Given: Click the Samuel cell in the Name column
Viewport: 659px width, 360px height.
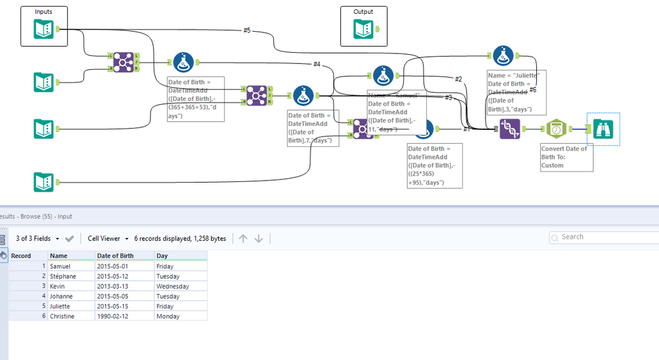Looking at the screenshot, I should (x=61, y=266).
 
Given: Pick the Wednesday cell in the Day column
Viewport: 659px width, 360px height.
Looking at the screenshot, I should (x=173, y=286).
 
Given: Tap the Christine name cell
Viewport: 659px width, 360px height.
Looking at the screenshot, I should (x=63, y=316).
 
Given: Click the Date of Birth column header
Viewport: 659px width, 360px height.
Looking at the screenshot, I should (x=115, y=256).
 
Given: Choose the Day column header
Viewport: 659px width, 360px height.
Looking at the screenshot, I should (x=162, y=256).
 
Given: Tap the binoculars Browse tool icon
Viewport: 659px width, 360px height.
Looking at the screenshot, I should (x=603, y=130).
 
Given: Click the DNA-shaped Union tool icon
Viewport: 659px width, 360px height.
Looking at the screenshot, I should (x=509, y=129).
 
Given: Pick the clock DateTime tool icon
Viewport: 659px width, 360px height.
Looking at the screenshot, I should (x=558, y=130).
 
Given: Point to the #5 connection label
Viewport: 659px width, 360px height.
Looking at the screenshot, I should (x=247, y=30).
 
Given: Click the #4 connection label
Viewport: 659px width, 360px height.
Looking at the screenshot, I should (x=317, y=64).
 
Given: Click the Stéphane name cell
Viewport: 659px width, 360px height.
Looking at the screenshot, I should (x=63, y=276).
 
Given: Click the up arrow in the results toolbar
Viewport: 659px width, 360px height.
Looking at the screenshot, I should (x=243, y=238).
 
